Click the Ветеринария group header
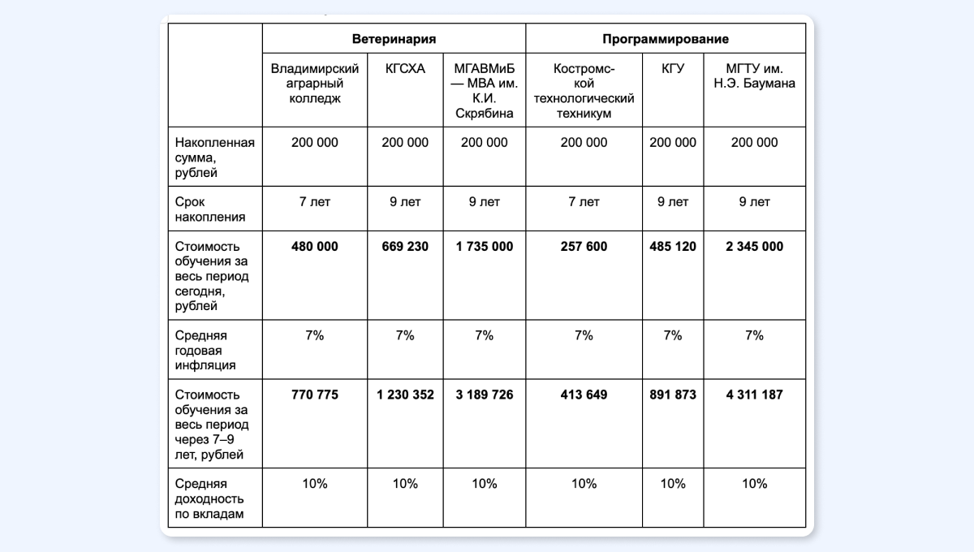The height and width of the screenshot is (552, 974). pos(394,39)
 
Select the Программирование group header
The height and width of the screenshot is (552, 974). pos(666,39)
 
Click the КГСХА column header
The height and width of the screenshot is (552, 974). pos(405,69)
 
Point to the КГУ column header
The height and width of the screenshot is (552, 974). pos(673,69)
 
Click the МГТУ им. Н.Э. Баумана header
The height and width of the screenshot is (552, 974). pos(754,76)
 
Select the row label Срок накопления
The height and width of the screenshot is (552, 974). pos(199,209)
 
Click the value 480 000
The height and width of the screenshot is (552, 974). pos(314,246)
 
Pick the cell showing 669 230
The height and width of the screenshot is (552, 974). pos(405,246)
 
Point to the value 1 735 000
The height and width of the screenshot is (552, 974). pos(484,246)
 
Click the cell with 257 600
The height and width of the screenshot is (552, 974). pos(584,246)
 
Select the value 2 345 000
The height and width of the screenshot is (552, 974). pos(754,246)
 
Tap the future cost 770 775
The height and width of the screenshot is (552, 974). pos(314,395)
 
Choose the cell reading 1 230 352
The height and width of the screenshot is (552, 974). pos(405,395)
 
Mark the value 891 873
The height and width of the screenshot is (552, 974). pos(673,395)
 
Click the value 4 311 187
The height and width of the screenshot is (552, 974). pos(754,395)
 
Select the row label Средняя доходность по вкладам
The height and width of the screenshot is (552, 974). pos(209,498)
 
